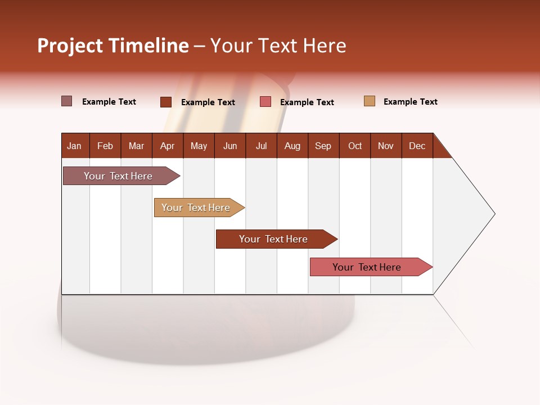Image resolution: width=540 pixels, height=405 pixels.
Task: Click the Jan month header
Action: [x=75, y=146]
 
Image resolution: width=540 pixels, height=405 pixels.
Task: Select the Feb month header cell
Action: [x=105, y=146]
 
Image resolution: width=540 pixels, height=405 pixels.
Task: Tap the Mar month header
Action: [x=136, y=146]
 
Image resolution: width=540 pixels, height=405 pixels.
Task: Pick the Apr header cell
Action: [x=168, y=146]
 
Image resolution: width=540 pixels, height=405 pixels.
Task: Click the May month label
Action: [x=199, y=146]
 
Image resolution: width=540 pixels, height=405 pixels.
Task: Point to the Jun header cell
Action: [x=230, y=146]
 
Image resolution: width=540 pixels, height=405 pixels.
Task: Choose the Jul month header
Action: [x=261, y=146]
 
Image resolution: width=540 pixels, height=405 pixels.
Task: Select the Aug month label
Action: [x=292, y=146]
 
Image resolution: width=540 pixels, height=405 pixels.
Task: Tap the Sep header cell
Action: [x=323, y=146]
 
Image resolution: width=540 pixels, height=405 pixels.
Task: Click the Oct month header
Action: [x=355, y=146]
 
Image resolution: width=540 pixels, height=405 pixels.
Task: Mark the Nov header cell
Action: [x=386, y=146]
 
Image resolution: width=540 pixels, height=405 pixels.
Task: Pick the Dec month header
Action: [x=417, y=146]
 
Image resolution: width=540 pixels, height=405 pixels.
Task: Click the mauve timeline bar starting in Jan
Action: [x=119, y=176]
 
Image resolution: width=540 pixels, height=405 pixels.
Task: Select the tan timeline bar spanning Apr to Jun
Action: [x=196, y=208]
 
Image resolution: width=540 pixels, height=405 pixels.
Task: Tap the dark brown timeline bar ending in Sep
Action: [x=274, y=239]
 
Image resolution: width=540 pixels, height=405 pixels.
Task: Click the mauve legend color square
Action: [x=66, y=101]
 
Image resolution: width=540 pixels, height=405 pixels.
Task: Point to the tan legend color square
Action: [x=370, y=101]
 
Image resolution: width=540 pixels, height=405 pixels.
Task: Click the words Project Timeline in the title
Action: [x=113, y=46]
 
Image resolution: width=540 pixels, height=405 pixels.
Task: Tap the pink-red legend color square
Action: [x=265, y=102]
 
